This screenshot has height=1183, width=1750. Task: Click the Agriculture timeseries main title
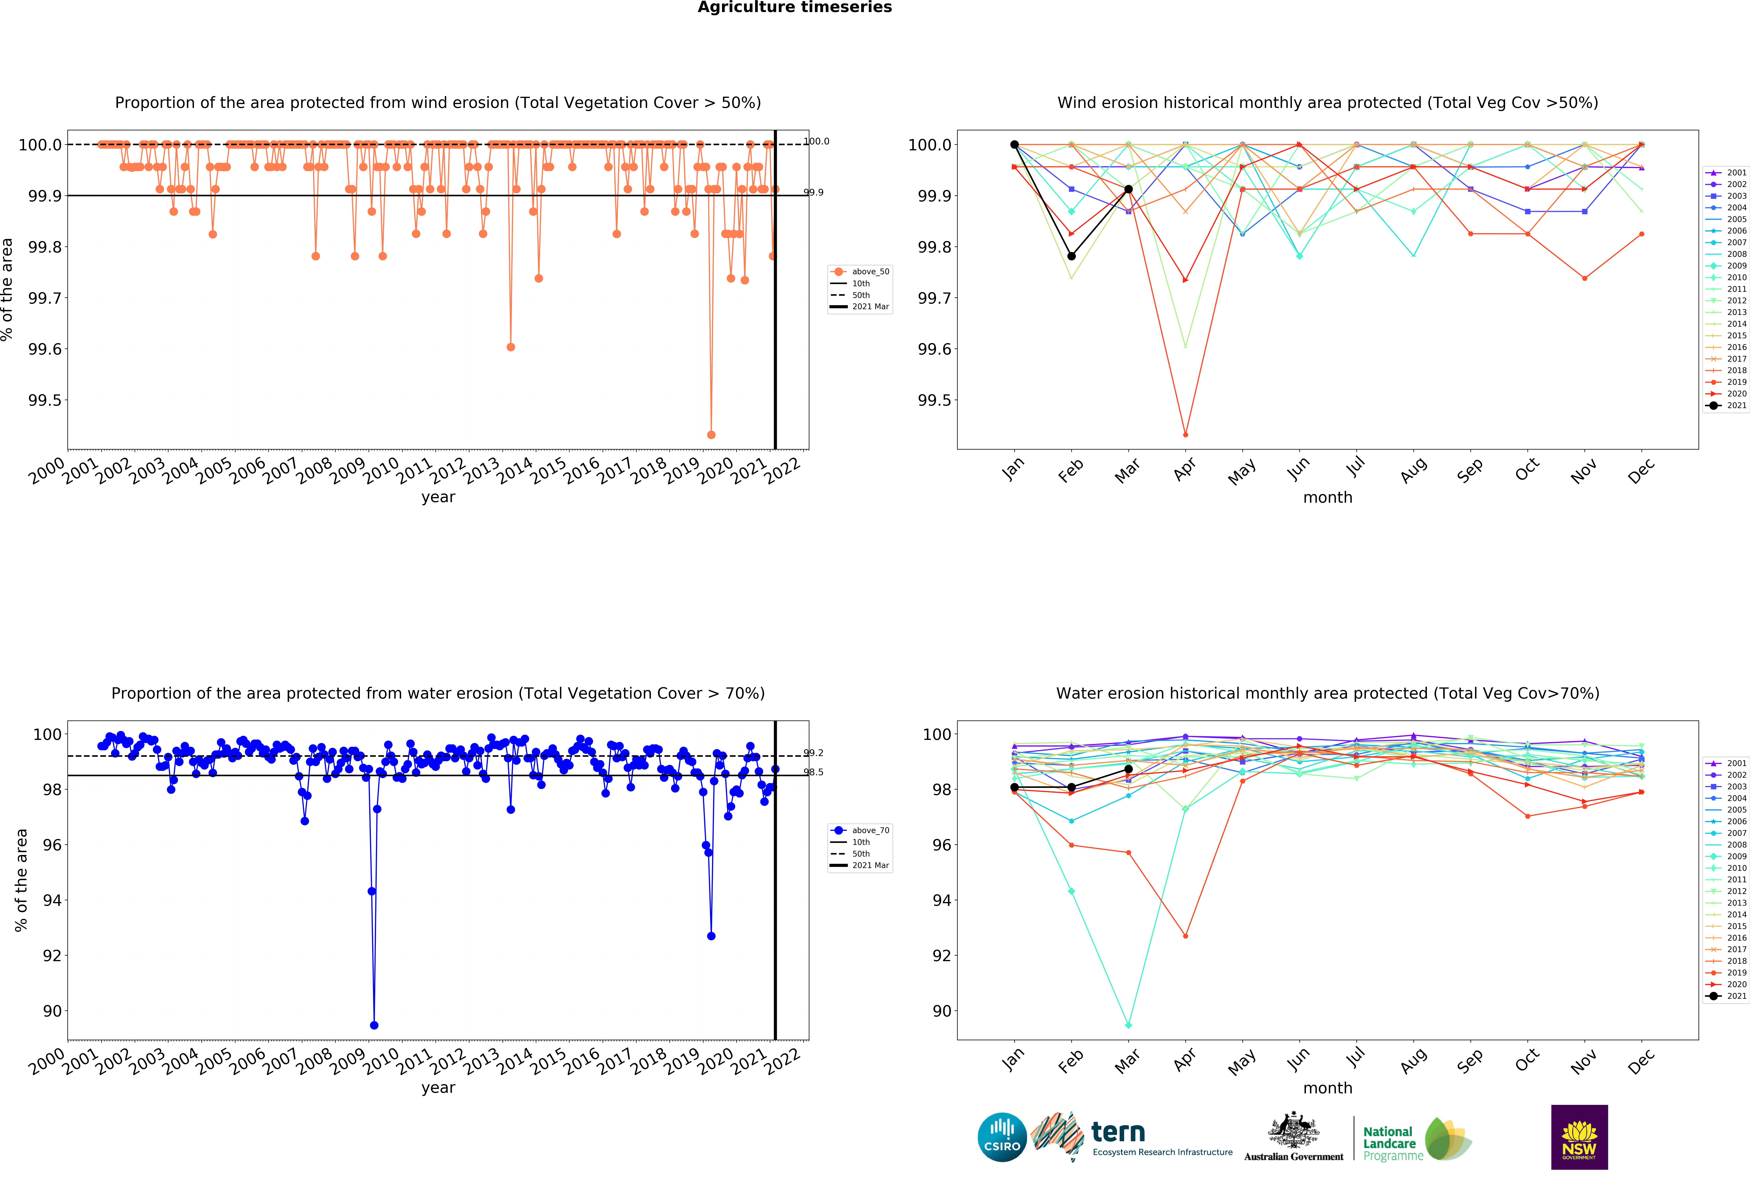coord(794,8)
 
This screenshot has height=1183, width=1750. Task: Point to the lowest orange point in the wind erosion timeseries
coord(711,435)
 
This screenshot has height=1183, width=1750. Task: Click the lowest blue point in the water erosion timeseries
coord(374,1025)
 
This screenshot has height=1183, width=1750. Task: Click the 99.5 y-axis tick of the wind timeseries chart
coord(45,400)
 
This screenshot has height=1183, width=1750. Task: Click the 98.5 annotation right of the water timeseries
coord(813,772)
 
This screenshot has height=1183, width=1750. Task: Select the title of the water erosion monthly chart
coord(1328,693)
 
